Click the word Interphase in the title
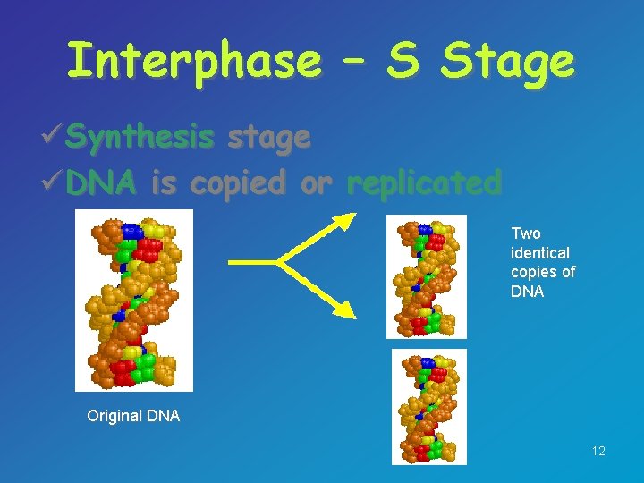[193, 61]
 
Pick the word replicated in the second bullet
[423, 183]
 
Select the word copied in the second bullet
[237, 183]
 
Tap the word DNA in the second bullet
[101, 183]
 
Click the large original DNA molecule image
[133, 301]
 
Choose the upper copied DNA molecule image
[426, 276]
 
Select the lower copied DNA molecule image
[428, 406]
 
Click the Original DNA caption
[133, 416]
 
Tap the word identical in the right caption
[539, 252]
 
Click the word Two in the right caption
[526, 233]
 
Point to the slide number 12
[598, 452]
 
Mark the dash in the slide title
[352, 61]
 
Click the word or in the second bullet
[316, 183]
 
